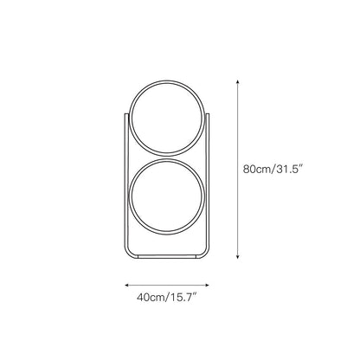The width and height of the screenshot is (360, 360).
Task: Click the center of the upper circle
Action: tap(167, 120)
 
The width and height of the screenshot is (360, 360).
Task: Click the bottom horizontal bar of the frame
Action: tap(167, 258)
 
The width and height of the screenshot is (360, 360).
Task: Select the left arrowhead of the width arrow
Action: tap(127, 283)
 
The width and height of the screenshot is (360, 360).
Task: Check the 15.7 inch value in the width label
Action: tap(183, 300)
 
